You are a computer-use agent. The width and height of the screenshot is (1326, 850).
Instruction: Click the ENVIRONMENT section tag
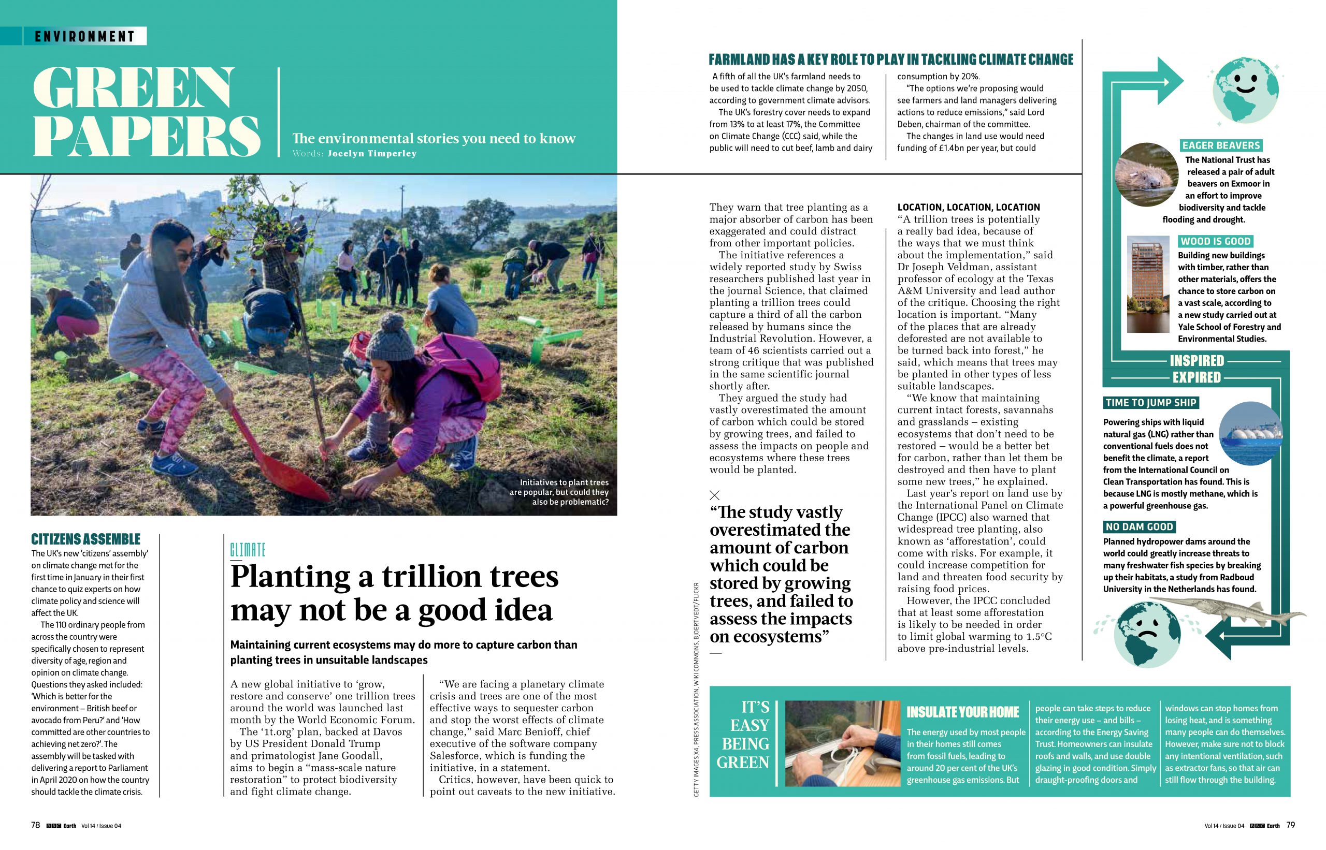[x=84, y=36]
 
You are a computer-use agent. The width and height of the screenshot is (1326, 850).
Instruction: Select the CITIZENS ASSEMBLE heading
[x=85, y=539]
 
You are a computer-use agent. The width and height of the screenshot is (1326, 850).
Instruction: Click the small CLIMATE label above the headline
[x=248, y=550]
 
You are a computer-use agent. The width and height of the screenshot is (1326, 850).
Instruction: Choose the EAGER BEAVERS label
[x=1220, y=145]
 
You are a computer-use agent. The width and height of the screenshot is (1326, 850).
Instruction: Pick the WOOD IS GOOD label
[x=1215, y=241]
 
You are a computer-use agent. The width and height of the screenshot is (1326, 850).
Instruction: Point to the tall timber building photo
[x=1148, y=284]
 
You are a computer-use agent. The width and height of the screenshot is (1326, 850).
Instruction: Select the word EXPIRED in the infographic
[x=1197, y=377]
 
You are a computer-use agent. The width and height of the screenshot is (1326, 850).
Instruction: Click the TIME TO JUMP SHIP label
[x=1150, y=402]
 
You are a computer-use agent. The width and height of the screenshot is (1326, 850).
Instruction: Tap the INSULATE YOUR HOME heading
[x=962, y=712]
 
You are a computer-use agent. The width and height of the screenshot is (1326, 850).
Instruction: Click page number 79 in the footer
[x=1291, y=825]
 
